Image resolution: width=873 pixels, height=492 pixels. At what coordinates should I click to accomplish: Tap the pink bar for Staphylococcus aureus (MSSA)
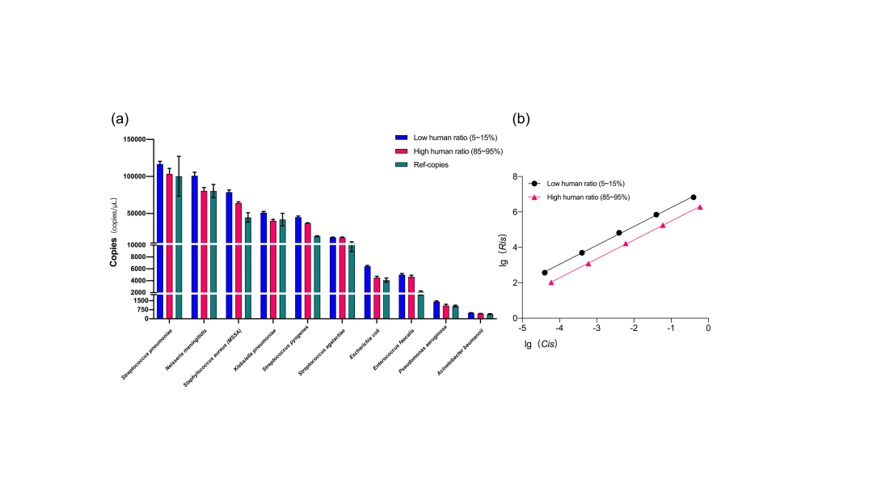coord(238,259)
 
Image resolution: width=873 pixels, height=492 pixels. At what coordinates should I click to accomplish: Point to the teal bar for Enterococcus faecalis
coord(421,307)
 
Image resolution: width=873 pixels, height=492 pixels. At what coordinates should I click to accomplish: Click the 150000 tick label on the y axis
coord(133,139)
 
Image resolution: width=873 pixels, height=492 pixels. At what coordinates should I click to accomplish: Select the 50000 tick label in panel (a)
coord(134,213)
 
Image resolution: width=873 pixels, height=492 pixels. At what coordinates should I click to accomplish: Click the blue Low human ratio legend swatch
coord(400,138)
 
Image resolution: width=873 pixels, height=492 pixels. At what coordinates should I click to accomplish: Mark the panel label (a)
coord(120,119)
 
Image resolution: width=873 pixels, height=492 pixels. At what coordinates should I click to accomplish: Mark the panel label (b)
coord(521,119)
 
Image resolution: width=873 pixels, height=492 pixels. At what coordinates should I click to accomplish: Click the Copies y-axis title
coord(114,252)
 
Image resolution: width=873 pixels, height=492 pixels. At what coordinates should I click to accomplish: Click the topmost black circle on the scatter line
coord(694,197)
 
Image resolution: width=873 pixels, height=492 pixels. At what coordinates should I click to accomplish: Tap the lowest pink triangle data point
coord(551,282)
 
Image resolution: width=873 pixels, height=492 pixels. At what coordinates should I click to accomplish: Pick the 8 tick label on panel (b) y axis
coord(514,176)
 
